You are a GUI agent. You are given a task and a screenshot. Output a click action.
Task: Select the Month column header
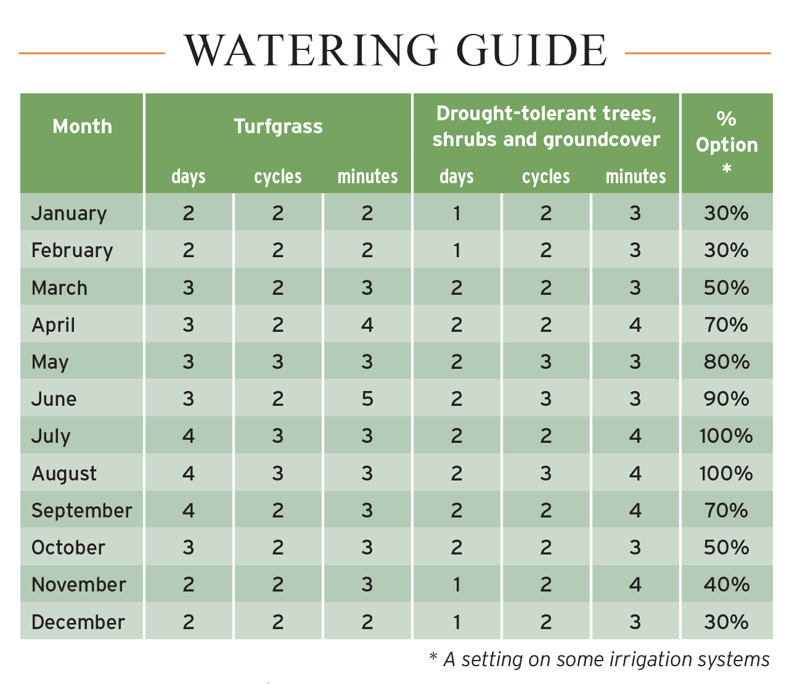click(x=83, y=126)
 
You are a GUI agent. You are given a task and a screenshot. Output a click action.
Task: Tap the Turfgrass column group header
click(x=278, y=126)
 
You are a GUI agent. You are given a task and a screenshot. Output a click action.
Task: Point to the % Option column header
click(x=727, y=143)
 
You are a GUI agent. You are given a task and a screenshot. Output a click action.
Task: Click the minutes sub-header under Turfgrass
click(x=367, y=177)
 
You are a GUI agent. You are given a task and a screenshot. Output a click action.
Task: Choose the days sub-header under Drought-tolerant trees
click(x=456, y=177)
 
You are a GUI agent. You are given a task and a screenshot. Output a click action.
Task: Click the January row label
click(x=69, y=213)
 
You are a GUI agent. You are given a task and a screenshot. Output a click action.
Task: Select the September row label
click(x=82, y=511)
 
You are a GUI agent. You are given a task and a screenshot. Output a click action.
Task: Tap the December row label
click(x=78, y=622)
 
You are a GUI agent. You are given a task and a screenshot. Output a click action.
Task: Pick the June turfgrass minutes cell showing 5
click(x=367, y=399)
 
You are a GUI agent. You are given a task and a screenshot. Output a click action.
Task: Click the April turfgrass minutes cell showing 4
click(x=367, y=325)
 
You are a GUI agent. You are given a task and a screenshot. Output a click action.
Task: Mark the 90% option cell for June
click(x=727, y=399)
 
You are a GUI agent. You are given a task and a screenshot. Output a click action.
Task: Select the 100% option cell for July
click(x=726, y=436)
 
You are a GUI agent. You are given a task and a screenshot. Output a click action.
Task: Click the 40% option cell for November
click(x=727, y=585)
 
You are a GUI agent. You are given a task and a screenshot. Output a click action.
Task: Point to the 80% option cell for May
click(x=727, y=362)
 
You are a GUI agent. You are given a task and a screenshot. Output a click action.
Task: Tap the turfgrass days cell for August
click(x=189, y=474)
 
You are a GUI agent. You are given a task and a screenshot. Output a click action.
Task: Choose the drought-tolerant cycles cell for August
click(x=546, y=474)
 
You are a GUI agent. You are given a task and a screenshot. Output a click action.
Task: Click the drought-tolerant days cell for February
click(x=456, y=250)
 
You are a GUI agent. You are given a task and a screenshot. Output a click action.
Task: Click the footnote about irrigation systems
click(x=599, y=659)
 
